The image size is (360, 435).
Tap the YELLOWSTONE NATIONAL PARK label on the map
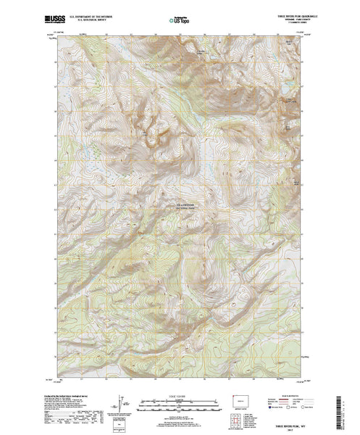click(x=193, y=207)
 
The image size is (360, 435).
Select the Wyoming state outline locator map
click(x=240, y=398)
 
